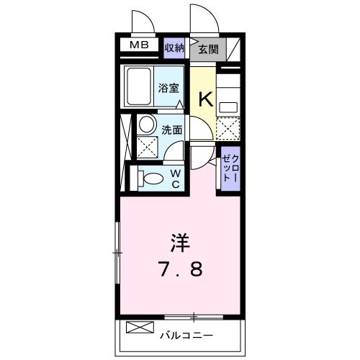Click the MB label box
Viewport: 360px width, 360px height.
140,46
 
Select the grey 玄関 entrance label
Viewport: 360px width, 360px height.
209,49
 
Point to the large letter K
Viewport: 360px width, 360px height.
204,97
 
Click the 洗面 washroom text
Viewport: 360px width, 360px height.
171,132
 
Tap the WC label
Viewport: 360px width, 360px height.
175,179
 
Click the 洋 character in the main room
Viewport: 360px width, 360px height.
180,241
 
